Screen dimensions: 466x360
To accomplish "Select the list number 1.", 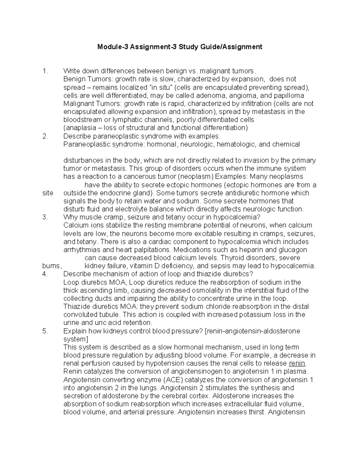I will pyautogui.click(x=45, y=71).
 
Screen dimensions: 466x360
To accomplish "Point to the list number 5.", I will pyautogui.click(x=45, y=331).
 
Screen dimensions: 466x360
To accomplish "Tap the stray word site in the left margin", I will pyautogui.click(x=48, y=193).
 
